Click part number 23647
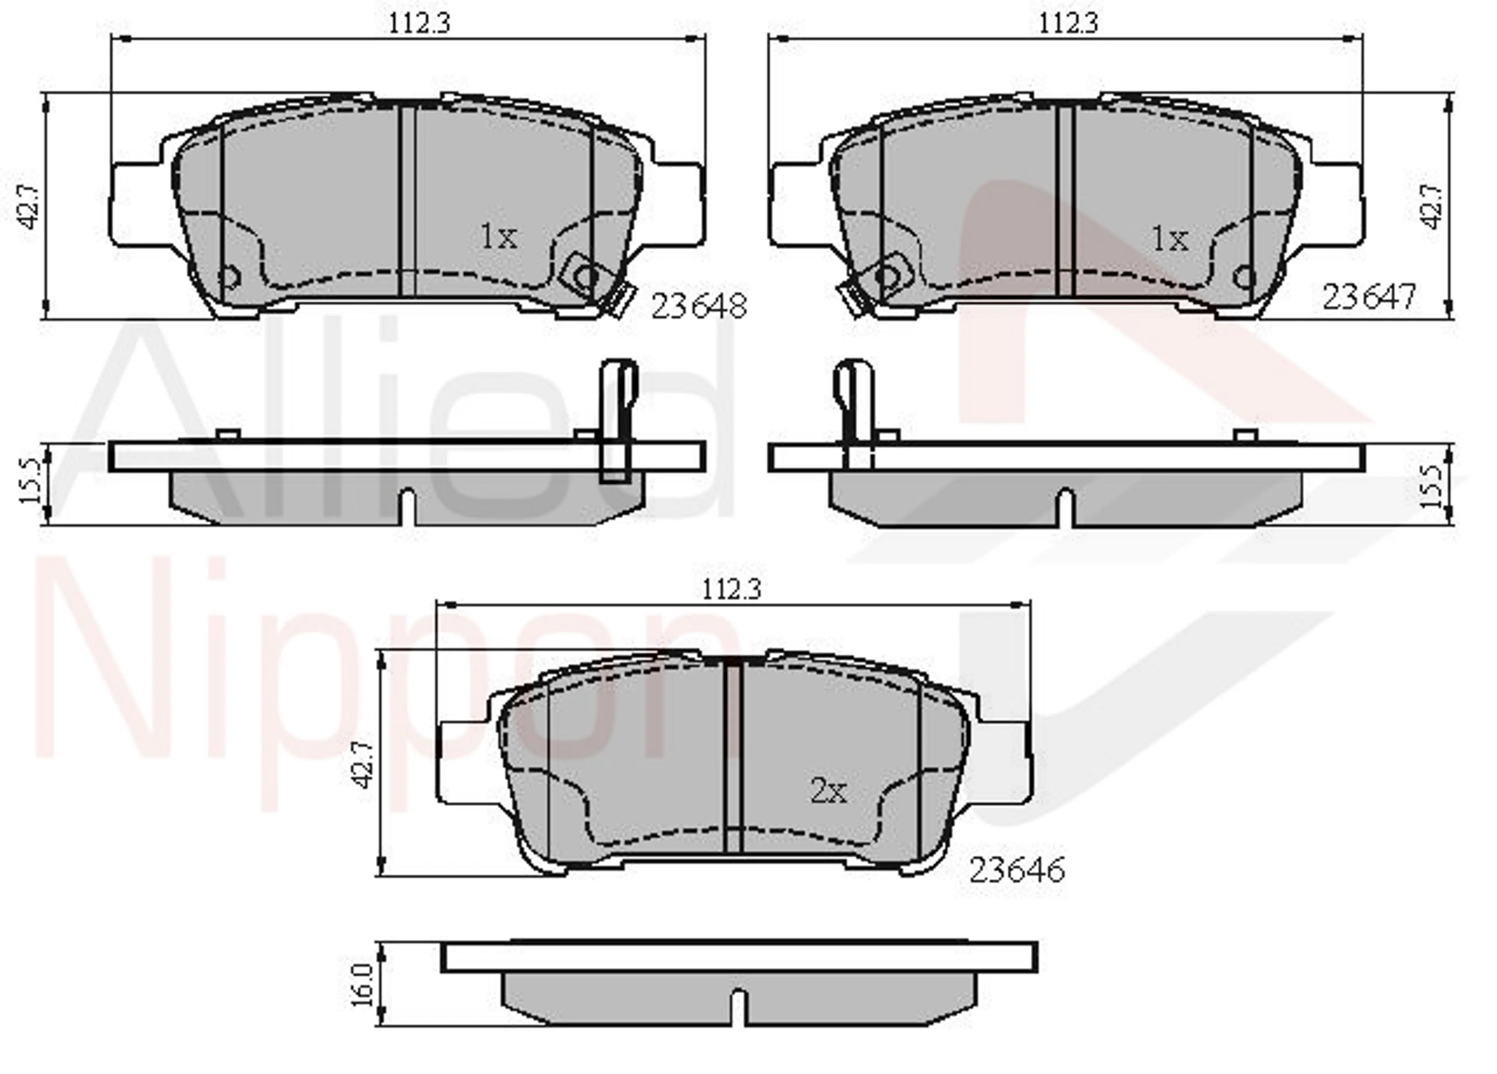[x=1370, y=297]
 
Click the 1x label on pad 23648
[x=498, y=236]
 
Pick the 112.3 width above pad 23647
[x=1069, y=24]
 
